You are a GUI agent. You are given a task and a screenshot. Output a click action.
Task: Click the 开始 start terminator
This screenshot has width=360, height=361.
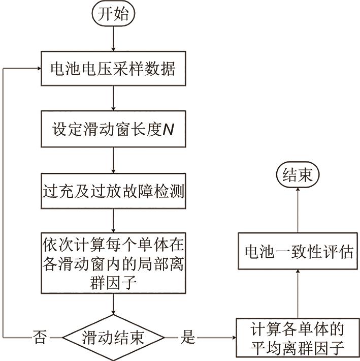coord(113,15)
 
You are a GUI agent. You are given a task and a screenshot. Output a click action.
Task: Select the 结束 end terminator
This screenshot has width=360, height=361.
coord(298,176)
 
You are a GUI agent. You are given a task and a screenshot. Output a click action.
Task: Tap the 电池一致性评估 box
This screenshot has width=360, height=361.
coord(298,252)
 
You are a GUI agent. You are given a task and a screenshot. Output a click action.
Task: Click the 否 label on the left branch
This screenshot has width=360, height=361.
coord(40,337)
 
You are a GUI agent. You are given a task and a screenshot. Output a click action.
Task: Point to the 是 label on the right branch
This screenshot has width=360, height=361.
coord(188,337)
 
